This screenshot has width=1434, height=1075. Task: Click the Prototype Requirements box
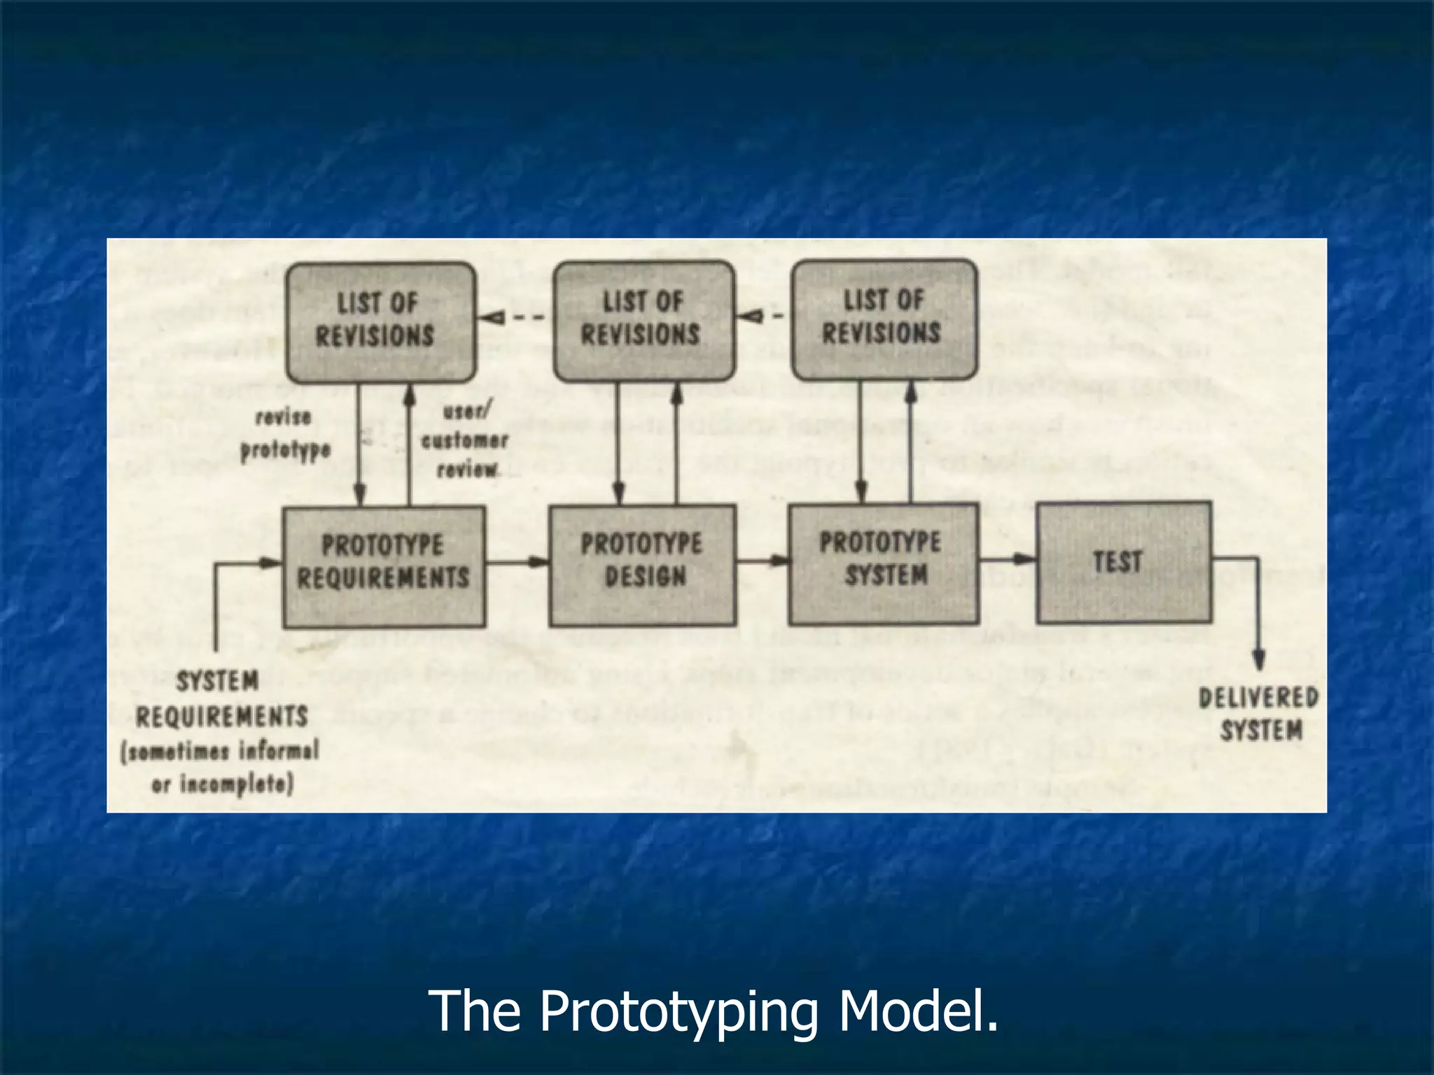384,565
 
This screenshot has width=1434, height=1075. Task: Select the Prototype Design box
642,564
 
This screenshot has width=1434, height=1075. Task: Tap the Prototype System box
883,563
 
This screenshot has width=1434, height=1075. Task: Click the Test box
1123,561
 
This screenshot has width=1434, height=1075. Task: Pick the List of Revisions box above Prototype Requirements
380,321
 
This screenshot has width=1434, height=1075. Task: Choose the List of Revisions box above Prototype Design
643,320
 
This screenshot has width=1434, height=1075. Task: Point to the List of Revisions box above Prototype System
884,318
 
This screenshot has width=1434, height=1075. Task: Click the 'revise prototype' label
284,435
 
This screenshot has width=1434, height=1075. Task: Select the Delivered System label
1259,714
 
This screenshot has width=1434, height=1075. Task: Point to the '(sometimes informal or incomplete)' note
221,768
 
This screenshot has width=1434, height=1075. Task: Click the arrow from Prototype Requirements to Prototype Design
517,561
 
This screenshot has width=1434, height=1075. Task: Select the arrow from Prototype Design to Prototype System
763,560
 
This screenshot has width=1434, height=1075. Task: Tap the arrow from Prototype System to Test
1008,558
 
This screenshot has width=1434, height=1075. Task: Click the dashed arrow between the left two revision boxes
513,318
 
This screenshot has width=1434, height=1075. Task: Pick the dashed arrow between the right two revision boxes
763,316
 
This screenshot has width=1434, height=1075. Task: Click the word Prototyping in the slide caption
678,1011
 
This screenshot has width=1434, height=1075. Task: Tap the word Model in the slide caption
917,1011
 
